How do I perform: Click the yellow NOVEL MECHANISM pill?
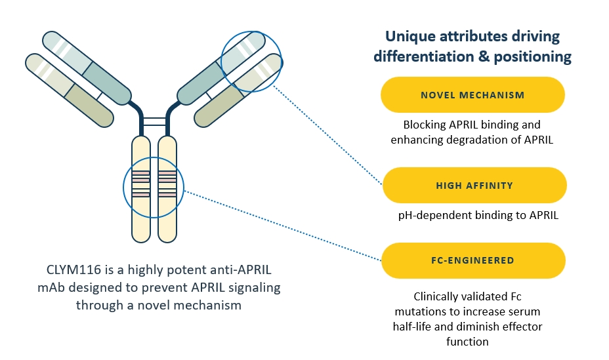tap(472, 95)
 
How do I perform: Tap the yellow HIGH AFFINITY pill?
tap(474, 186)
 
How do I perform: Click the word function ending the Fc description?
tap(469, 342)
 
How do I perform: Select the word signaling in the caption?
tap(253, 288)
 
